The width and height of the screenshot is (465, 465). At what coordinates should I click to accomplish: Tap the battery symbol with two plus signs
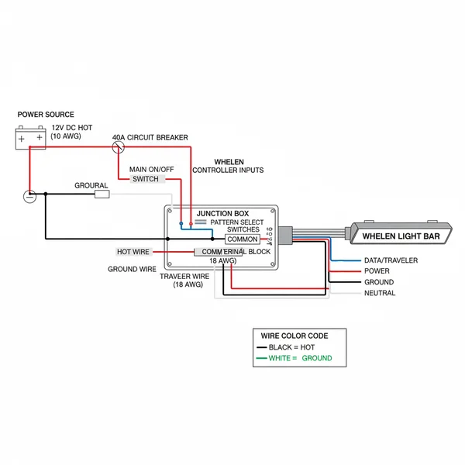pos(31,138)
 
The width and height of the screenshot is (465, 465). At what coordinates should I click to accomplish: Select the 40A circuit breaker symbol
pos(119,145)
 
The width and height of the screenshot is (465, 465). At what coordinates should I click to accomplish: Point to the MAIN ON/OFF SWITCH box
pos(146,179)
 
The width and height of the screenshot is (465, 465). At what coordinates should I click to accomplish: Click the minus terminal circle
pos(29,196)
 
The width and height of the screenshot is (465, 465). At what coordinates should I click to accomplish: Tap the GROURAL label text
pos(91,186)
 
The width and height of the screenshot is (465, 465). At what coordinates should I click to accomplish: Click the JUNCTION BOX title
pos(222,213)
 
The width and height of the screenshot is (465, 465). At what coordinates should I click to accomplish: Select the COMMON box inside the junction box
pos(243,239)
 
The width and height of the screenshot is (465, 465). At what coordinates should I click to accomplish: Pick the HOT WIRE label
pos(133,252)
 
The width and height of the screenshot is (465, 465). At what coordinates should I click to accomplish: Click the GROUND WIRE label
pos(132,270)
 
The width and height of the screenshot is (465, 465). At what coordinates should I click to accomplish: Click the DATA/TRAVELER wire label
pos(391,260)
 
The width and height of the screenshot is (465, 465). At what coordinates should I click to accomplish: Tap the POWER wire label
pos(377,271)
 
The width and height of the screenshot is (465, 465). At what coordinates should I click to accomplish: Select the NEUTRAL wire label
pos(380,293)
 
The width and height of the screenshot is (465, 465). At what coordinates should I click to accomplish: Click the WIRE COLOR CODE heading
pos(294,336)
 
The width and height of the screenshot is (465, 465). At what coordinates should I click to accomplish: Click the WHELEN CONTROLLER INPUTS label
pos(228,166)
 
